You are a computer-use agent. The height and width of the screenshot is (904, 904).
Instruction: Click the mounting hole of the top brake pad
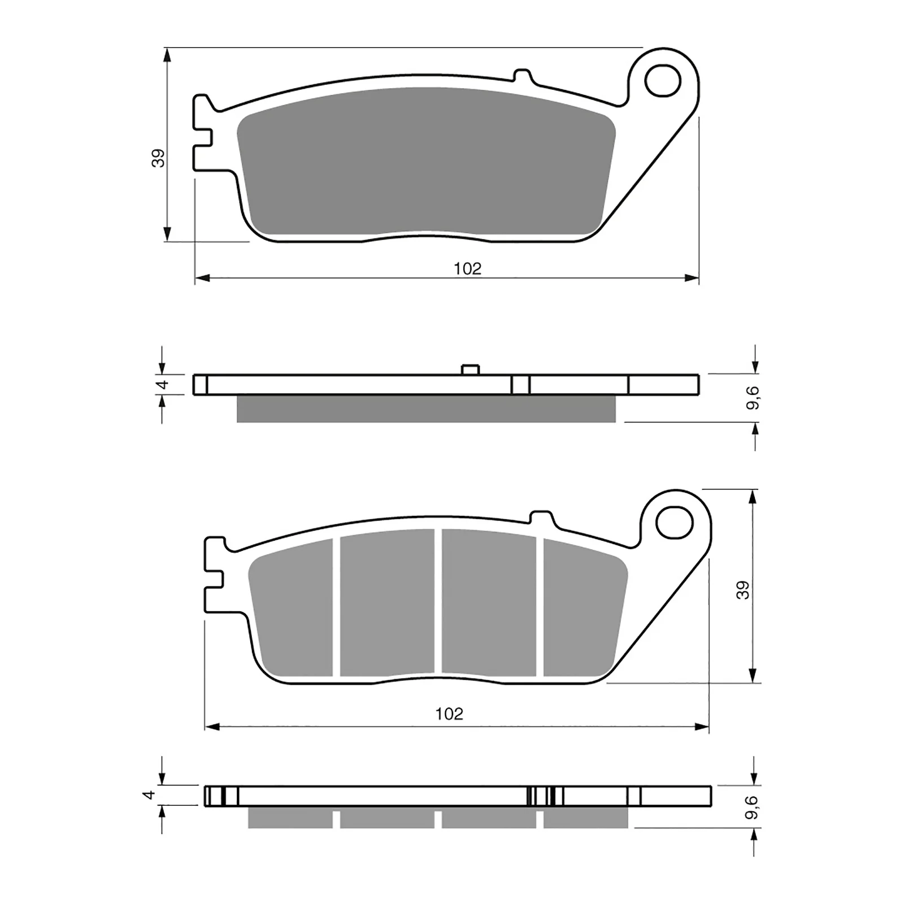click(663, 81)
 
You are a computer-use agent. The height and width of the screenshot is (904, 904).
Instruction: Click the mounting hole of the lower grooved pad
click(675, 523)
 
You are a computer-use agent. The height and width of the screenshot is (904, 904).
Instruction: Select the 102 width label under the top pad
click(468, 268)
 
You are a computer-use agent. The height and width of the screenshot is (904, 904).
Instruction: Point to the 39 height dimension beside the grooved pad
click(744, 590)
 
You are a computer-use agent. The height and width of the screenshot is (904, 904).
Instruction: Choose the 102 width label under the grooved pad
click(449, 714)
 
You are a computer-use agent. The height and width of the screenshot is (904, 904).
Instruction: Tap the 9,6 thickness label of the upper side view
click(753, 398)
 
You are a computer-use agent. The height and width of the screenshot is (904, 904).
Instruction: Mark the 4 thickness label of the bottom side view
click(149, 795)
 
